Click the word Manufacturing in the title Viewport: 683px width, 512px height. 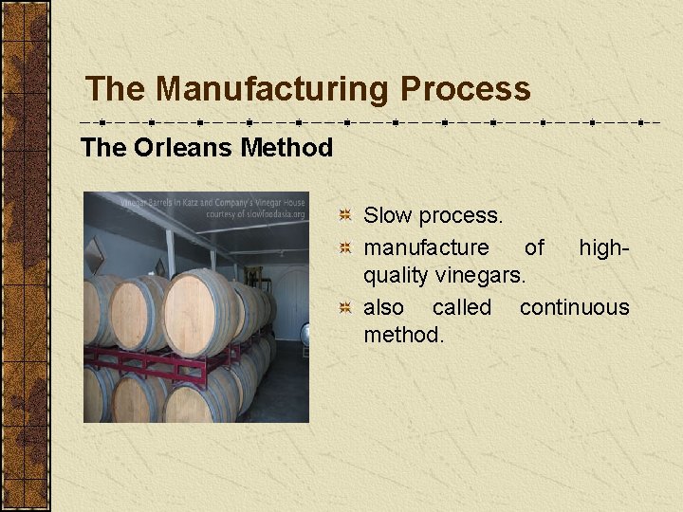(x=273, y=89)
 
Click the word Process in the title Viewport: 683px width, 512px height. (x=465, y=89)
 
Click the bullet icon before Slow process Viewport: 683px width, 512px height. (x=348, y=216)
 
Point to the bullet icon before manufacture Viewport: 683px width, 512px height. (x=348, y=248)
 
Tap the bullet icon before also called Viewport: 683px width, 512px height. (x=348, y=308)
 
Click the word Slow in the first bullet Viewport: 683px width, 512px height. (x=387, y=216)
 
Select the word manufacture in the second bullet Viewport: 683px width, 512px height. (x=426, y=247)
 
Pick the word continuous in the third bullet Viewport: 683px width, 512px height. (x=574, y=307)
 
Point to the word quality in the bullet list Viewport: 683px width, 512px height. (x=397, y=276)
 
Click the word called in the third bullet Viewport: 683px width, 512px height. (x=461, y=307)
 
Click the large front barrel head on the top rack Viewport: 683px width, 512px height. (x=201, y=314)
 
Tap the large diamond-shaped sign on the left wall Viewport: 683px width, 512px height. (x=94, y=255)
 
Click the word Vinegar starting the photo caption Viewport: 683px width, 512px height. (x=136, y=202)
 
